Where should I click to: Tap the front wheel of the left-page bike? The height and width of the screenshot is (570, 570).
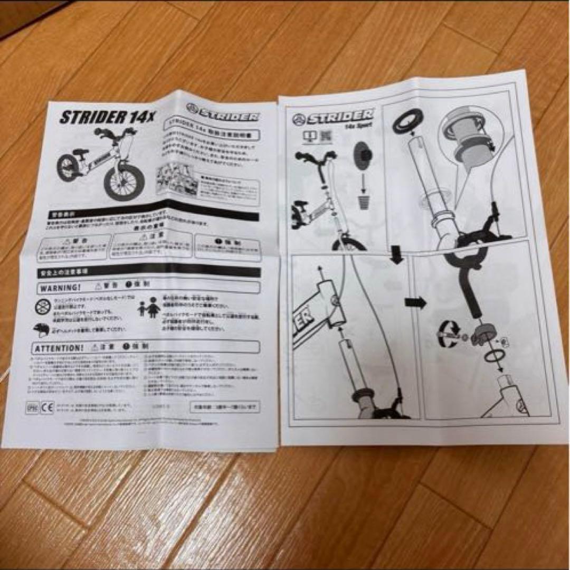121,183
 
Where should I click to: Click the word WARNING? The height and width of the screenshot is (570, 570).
59,288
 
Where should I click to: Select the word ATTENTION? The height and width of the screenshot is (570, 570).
59,348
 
